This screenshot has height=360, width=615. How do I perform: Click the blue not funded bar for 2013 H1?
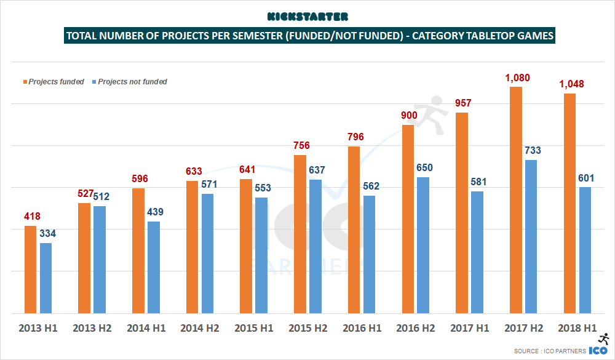[x=46, y=278]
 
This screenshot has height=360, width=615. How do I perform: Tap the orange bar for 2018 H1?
[x=569, y=203]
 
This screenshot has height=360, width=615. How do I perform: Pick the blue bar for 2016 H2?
[x=423, y=245]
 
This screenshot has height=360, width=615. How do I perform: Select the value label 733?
[x=532, y=150]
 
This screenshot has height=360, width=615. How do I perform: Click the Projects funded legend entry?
[x=55, y=81]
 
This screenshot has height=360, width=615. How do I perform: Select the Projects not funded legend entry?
[x=129, y=81]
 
